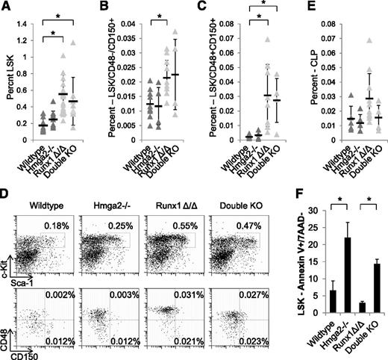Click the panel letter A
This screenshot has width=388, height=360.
click(x=7, y=7)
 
